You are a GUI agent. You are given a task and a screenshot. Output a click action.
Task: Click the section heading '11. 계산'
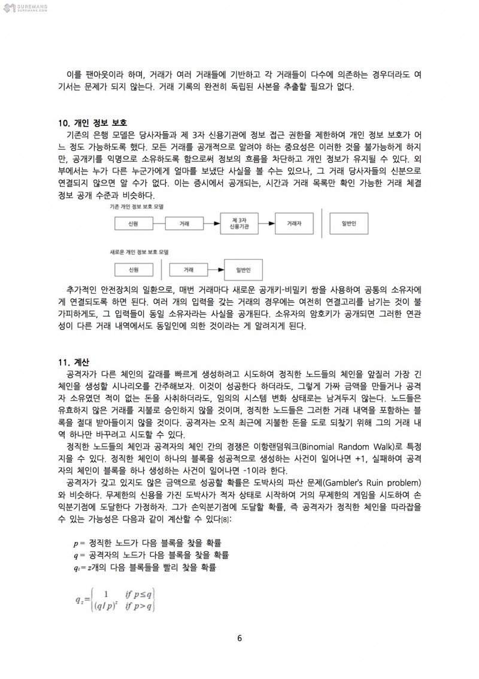pos(74,363)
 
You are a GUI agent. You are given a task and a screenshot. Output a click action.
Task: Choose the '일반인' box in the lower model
pos(243,270)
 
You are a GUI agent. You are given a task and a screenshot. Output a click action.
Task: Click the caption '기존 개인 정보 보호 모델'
pos(137,206)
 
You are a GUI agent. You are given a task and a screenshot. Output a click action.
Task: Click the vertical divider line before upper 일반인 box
pos(322,222)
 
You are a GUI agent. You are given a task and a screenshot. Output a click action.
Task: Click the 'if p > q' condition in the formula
pos(140,606)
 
